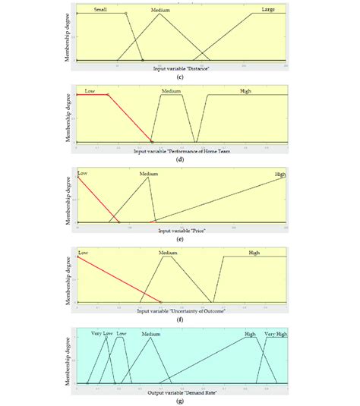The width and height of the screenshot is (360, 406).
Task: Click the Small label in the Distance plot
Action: tap(100, 9)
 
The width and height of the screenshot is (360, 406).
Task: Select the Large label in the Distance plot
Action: tap(268, 9)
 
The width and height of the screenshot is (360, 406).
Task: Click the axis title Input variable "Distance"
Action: tap(182, 69)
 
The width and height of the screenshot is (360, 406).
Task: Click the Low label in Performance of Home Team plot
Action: tap(90, 90)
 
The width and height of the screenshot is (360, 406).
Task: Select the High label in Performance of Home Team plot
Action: tap(245, 90)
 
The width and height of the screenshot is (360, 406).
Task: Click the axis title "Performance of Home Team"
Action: tap(180, 151)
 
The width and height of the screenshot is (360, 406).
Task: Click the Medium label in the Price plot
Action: tap(148, 173)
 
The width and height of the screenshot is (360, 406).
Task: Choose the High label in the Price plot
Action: tap(279, 174)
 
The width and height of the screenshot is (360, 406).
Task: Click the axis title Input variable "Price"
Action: tap(182, 230)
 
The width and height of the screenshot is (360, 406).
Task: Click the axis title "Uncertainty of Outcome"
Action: tap(181, 310)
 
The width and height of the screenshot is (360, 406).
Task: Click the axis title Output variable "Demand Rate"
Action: tap(181, 392)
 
